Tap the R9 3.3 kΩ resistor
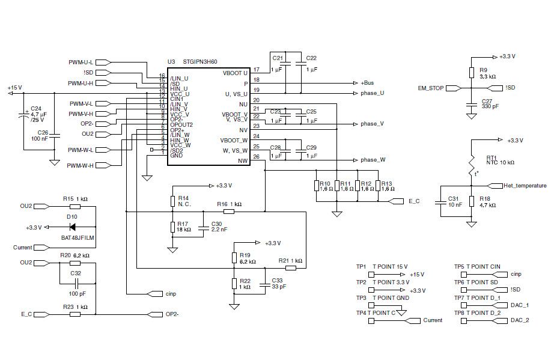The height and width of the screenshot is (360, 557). pyautogui.click(x=472, y=73)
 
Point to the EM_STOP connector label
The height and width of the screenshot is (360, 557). pyautogui.click(x=431, y=88)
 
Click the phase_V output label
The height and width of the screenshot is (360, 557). pyautogui.click(x=372, y=124)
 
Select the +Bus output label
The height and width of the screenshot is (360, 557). pyautogui.click(x=367, y=82)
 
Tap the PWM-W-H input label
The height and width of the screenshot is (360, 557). pyautogui.click(x=81, y=165)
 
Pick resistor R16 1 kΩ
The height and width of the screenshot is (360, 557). pyautogui.click(x=229, y=211)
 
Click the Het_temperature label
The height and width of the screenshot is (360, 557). pyautogui.click(x=525, y=186)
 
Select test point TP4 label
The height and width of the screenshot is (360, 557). pyautogui.click(x=361, y=313)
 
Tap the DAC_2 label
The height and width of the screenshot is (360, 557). pyautogui.click(x=520, y=320)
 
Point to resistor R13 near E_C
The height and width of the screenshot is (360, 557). pyautogui.click(x=377, y=186)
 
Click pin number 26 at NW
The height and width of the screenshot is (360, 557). pyautogui.click(x=257, y=157)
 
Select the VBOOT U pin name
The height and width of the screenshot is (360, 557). pyautogui.click(x=235, y=73)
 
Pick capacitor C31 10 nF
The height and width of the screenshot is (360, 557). pyautogui.click(x=445, y=201)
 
